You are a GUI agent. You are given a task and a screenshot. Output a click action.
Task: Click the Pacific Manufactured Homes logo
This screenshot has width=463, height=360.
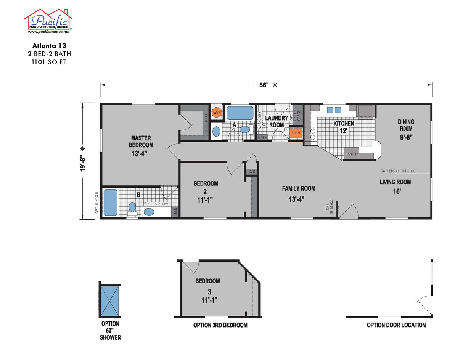coord(48,21)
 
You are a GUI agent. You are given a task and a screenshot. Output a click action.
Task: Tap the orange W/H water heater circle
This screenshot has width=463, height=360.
coord(217,113)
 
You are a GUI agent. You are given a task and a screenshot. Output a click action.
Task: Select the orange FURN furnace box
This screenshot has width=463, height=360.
coord(296,133)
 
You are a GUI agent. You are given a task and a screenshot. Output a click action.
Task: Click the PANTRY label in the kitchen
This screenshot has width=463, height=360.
coord(351,154)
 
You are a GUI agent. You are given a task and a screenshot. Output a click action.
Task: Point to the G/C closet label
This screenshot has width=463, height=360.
coord(252,172)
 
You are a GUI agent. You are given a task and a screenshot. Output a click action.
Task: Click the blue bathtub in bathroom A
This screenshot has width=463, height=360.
coord(240,113)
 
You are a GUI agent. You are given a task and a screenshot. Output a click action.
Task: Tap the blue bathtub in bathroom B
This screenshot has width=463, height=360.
coord(110,203)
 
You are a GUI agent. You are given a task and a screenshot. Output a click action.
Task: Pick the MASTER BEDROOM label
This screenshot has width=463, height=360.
coord(141,141)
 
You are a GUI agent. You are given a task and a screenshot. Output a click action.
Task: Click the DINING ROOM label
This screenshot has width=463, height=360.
coord(406,125)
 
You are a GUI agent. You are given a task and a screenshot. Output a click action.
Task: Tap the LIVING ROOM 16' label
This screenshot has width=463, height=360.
coord(395,186)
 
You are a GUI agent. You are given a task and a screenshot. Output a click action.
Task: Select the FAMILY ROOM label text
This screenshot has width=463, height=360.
coord(299,188)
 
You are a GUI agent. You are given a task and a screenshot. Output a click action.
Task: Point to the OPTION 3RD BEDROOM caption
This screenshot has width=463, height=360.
coord(220,325)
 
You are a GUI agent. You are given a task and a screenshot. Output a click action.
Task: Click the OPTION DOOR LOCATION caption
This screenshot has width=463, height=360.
coord(396,325)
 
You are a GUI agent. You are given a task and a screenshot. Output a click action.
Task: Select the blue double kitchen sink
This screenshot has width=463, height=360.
coord(334,110)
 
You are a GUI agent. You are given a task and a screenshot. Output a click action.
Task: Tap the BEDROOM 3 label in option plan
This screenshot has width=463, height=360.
coord(207,290)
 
